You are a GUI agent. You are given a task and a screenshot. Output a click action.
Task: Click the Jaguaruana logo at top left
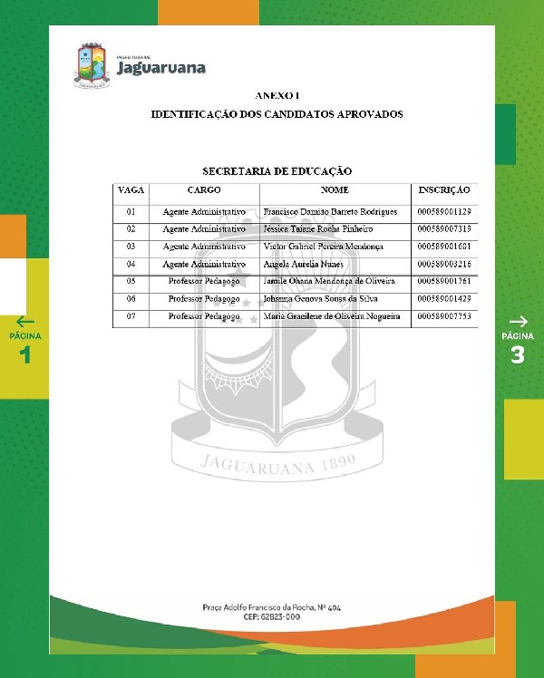(x=140, y=64)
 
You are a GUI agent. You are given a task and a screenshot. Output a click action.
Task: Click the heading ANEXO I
(x=277, y=95)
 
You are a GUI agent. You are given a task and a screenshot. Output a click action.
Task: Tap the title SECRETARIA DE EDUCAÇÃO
(x=277, y=170)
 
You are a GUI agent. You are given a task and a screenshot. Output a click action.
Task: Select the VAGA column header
(x=131, y=191)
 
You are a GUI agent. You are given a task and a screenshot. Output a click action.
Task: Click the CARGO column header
(x=204, y=191)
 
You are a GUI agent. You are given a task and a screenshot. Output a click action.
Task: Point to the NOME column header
(x=335, y=191)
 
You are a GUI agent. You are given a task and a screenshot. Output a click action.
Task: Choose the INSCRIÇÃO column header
(x=444, y=191)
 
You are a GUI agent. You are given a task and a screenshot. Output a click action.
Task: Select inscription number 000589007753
(x=444, y=316)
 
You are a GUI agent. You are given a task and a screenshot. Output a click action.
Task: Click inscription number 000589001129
(x=444, y=211)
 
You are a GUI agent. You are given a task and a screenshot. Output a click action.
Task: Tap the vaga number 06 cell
(x=131, y=298)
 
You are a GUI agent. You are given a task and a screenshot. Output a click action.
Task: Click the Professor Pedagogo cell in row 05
(x=204, y=281)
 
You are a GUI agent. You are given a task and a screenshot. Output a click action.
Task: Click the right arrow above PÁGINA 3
(x=518, y=321)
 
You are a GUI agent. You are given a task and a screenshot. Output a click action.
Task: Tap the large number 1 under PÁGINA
(x=25, y=354)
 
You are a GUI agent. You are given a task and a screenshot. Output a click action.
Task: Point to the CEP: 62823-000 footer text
(x=271, y=615)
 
